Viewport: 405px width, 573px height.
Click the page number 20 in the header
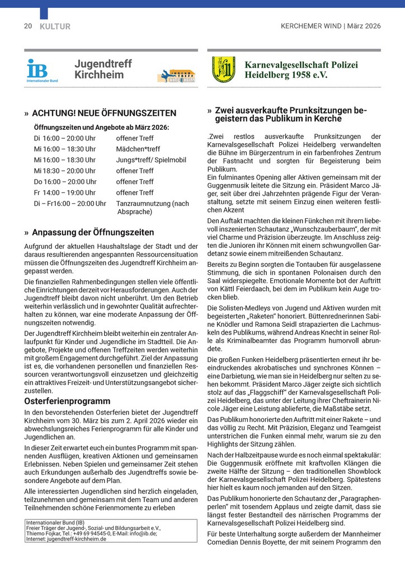click(x=28, y=26)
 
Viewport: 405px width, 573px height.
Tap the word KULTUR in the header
click(x=55, y=26)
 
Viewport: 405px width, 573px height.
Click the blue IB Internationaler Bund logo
click(x=39, y=71)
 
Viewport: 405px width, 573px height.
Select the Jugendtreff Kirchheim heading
click(x=103, y=69)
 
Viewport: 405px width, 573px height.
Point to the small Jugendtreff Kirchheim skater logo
click(x=176, y=76)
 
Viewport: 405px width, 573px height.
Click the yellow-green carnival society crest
click(x=223, y=69)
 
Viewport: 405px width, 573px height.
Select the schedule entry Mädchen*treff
click(x=138, y=149)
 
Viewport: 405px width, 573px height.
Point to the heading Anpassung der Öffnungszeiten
click(x=93, y=232)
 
